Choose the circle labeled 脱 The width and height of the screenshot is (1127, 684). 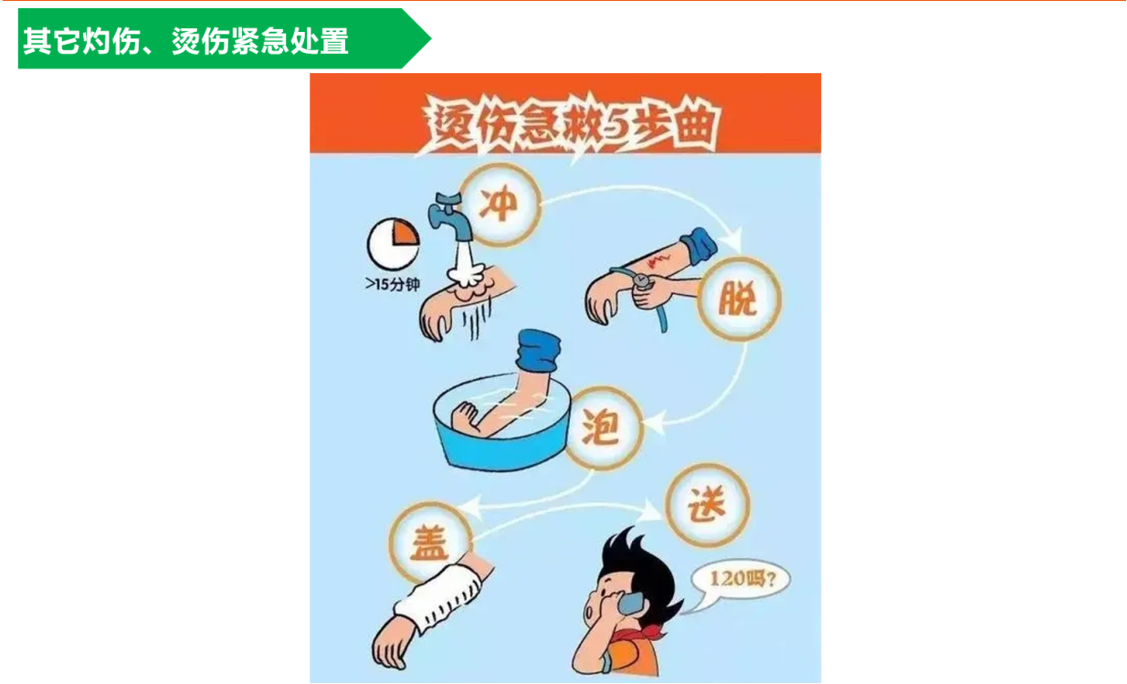[739, 299]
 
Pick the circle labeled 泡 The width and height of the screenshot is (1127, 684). [602, 428]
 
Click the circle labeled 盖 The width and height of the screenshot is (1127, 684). [430, 542]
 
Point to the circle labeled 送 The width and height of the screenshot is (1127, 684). [707, 504]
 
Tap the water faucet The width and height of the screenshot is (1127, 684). [449, 216]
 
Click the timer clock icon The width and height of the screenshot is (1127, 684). [394, 244]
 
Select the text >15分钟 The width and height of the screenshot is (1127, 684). [393, 285]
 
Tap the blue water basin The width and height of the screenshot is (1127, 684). [501, 423]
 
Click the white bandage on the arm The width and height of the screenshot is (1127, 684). [437, 597]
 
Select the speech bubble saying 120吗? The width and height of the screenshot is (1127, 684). [739, 583]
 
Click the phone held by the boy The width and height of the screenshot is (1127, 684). [629, 603]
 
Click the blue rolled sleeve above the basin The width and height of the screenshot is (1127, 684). [537, 351]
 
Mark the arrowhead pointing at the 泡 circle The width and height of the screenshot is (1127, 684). [654, 422]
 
